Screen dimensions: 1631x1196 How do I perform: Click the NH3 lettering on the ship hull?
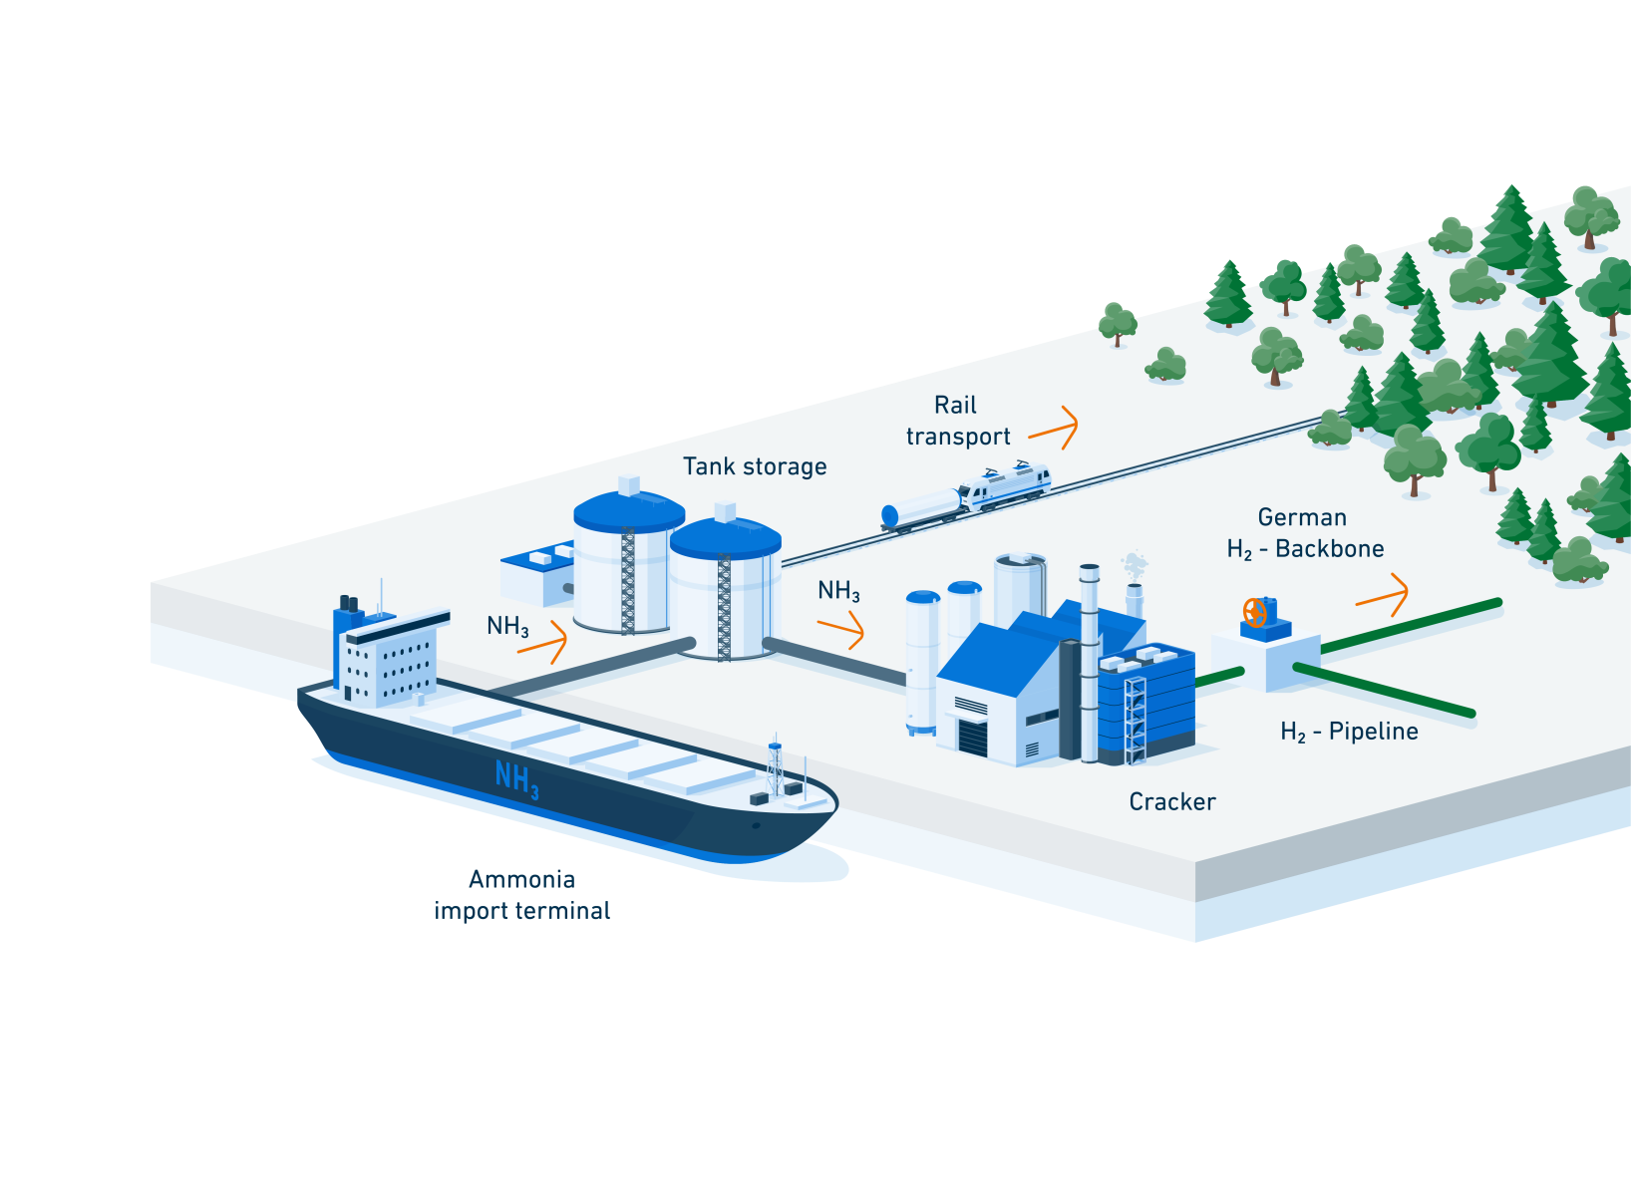tap(517, 779)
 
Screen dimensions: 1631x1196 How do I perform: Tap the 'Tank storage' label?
tap(755, 465)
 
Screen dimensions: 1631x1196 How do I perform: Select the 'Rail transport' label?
tap(957, 420)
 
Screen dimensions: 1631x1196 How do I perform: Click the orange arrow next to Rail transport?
tap(1054, 428)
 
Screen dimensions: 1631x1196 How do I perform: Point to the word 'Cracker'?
tap(1172, 801)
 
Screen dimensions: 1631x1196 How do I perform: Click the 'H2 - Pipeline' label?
tap(1349, 731)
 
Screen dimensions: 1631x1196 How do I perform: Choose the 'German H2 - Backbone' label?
tap(1305, 533)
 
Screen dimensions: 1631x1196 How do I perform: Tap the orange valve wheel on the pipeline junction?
tap(1254, 613)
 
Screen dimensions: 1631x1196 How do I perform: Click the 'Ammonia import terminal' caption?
tap(522, 895)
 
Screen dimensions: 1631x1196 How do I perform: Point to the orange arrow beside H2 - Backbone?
tap(1382, 595)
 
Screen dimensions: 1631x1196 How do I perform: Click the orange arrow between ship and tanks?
tap(542, 642)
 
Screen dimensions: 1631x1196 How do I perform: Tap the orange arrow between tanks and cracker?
tap(841, 629)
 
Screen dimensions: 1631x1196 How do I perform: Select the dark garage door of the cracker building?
tap(972, 737)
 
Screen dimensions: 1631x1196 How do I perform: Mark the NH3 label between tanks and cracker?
tap(838, 590)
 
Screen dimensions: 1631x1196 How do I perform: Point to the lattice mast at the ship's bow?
tap(776, 767)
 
